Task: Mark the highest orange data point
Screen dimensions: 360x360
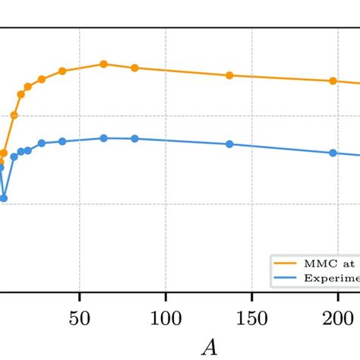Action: [x=104, y=64]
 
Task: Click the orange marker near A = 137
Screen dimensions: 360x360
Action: [x=229, y=75]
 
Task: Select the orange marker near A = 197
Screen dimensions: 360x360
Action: [x=333, y=81]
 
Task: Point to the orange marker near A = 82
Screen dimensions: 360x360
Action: [x=134, y=68]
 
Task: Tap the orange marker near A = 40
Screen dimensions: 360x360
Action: [x=62, y=71]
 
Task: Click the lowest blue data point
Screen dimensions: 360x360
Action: [x=4, y=198]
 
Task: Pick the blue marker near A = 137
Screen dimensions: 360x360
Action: [x=229, y=144]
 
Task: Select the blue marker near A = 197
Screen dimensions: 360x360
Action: [x=333, y=153]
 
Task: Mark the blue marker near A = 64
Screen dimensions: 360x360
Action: [x=104, y=138]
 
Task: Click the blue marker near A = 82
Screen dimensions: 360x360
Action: [x=134, y=138]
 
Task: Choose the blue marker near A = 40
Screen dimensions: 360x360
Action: [x=62, y=141]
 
